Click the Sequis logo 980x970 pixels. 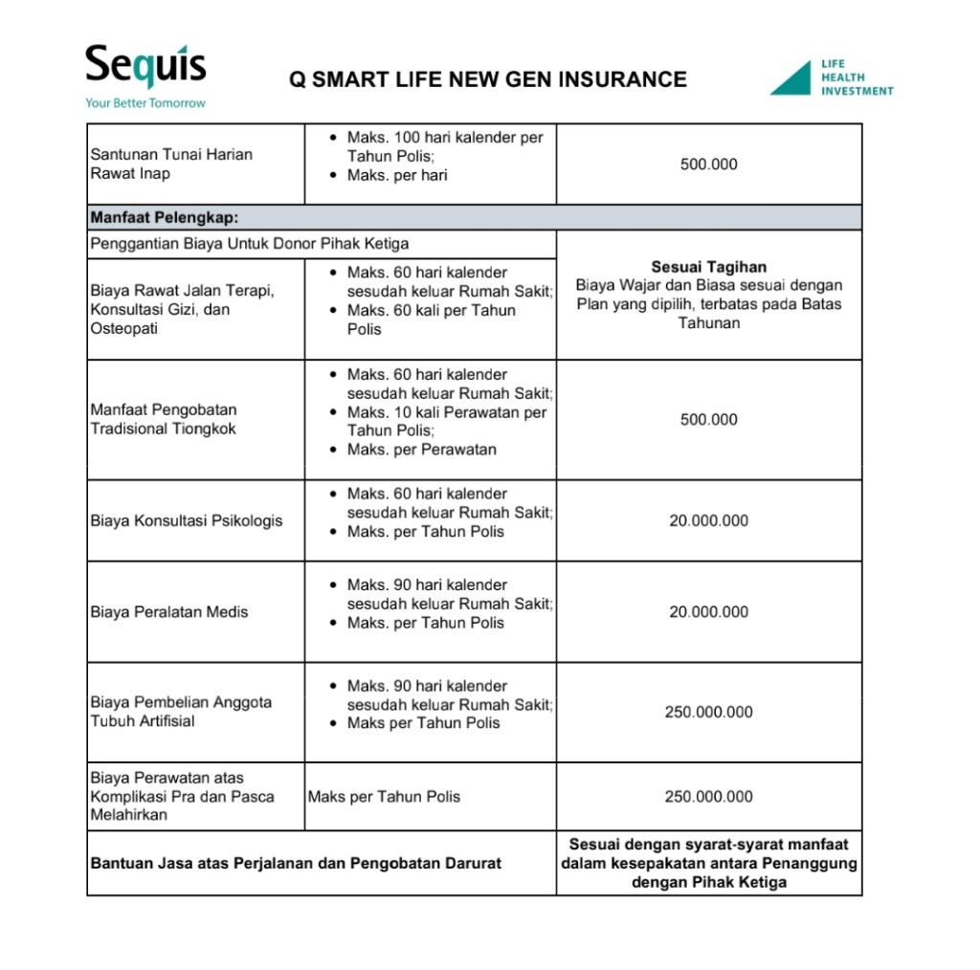tap(145, 67)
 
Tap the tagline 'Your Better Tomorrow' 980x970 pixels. tap(145, 102)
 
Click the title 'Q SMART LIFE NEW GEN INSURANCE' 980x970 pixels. tap(488, 79)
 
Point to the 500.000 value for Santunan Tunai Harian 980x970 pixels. tap(708, 165)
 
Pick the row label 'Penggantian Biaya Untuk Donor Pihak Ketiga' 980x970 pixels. tap(249, 244)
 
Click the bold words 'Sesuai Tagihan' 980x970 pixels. tap(708, 267)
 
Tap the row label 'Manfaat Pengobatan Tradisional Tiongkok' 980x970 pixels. tap(163, 419)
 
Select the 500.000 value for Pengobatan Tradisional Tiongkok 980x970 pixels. tap(708, 420)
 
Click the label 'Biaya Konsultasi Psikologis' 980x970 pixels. tap(186, 521)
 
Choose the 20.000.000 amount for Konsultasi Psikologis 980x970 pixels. tap(708, 521)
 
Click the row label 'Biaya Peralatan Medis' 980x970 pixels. tap(168, 612)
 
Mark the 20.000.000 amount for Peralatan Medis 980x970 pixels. tap(708, 612)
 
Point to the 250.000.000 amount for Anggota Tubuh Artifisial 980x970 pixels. tap(708, 713)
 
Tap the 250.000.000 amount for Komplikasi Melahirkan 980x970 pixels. tap(708, 797)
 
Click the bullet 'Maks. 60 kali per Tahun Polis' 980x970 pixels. tap(431, 320)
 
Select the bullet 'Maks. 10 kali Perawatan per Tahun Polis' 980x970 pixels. tap(446, 422)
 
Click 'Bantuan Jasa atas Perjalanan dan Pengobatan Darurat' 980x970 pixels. tap(296, 863)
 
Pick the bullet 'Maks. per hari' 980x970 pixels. tap(396, 175)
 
